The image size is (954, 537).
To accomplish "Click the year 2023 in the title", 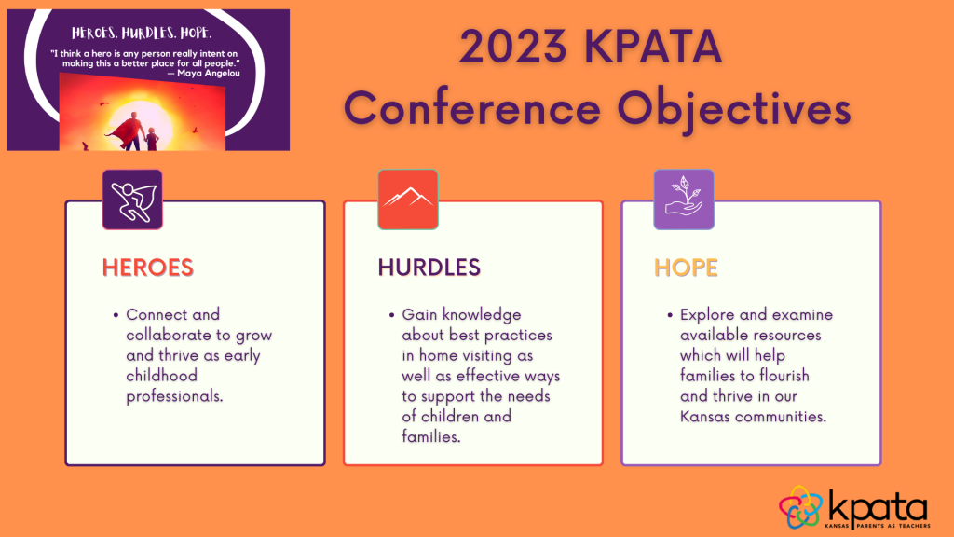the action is pyautogui.click(x=512, y=47).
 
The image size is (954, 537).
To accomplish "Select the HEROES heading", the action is pyautogui.click(x=148, y=268).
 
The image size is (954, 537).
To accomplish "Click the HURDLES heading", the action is pyautogui.click(x=429, y=268).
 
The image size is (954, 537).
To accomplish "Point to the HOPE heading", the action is pyautogui.click(x=686, y=268).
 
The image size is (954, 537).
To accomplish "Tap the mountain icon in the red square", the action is pyautogui.click(x=408, y=198).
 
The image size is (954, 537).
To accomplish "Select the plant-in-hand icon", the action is pyautogui.click(x=684, y=196).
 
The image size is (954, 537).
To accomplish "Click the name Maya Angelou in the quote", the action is pyautogui.click(x=208, y=73).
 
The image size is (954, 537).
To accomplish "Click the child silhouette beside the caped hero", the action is pyautogui.click(x=152, y=138).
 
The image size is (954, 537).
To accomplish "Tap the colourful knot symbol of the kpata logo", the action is pyautogui.click(x=800, y=507).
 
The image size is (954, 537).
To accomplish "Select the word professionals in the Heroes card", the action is pyautogui.click(x=174, y=396).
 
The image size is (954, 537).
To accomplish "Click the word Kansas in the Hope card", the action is pyautogui.click(x=704, y=417).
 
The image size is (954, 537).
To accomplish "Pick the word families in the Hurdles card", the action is pyautogui.click(x=431, y=436).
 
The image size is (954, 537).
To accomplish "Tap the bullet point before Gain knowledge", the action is pyautogui.click(x=392, y=315).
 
